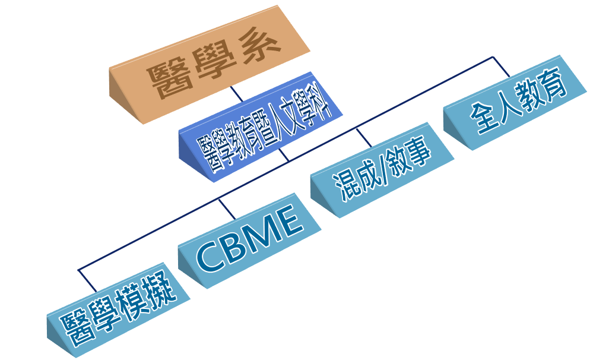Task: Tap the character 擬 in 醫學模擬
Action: tap(161, 290)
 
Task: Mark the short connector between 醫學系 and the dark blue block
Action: tap(237, 93)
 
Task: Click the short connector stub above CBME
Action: tap(227, 208)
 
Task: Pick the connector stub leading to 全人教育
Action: tap(502, 67)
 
